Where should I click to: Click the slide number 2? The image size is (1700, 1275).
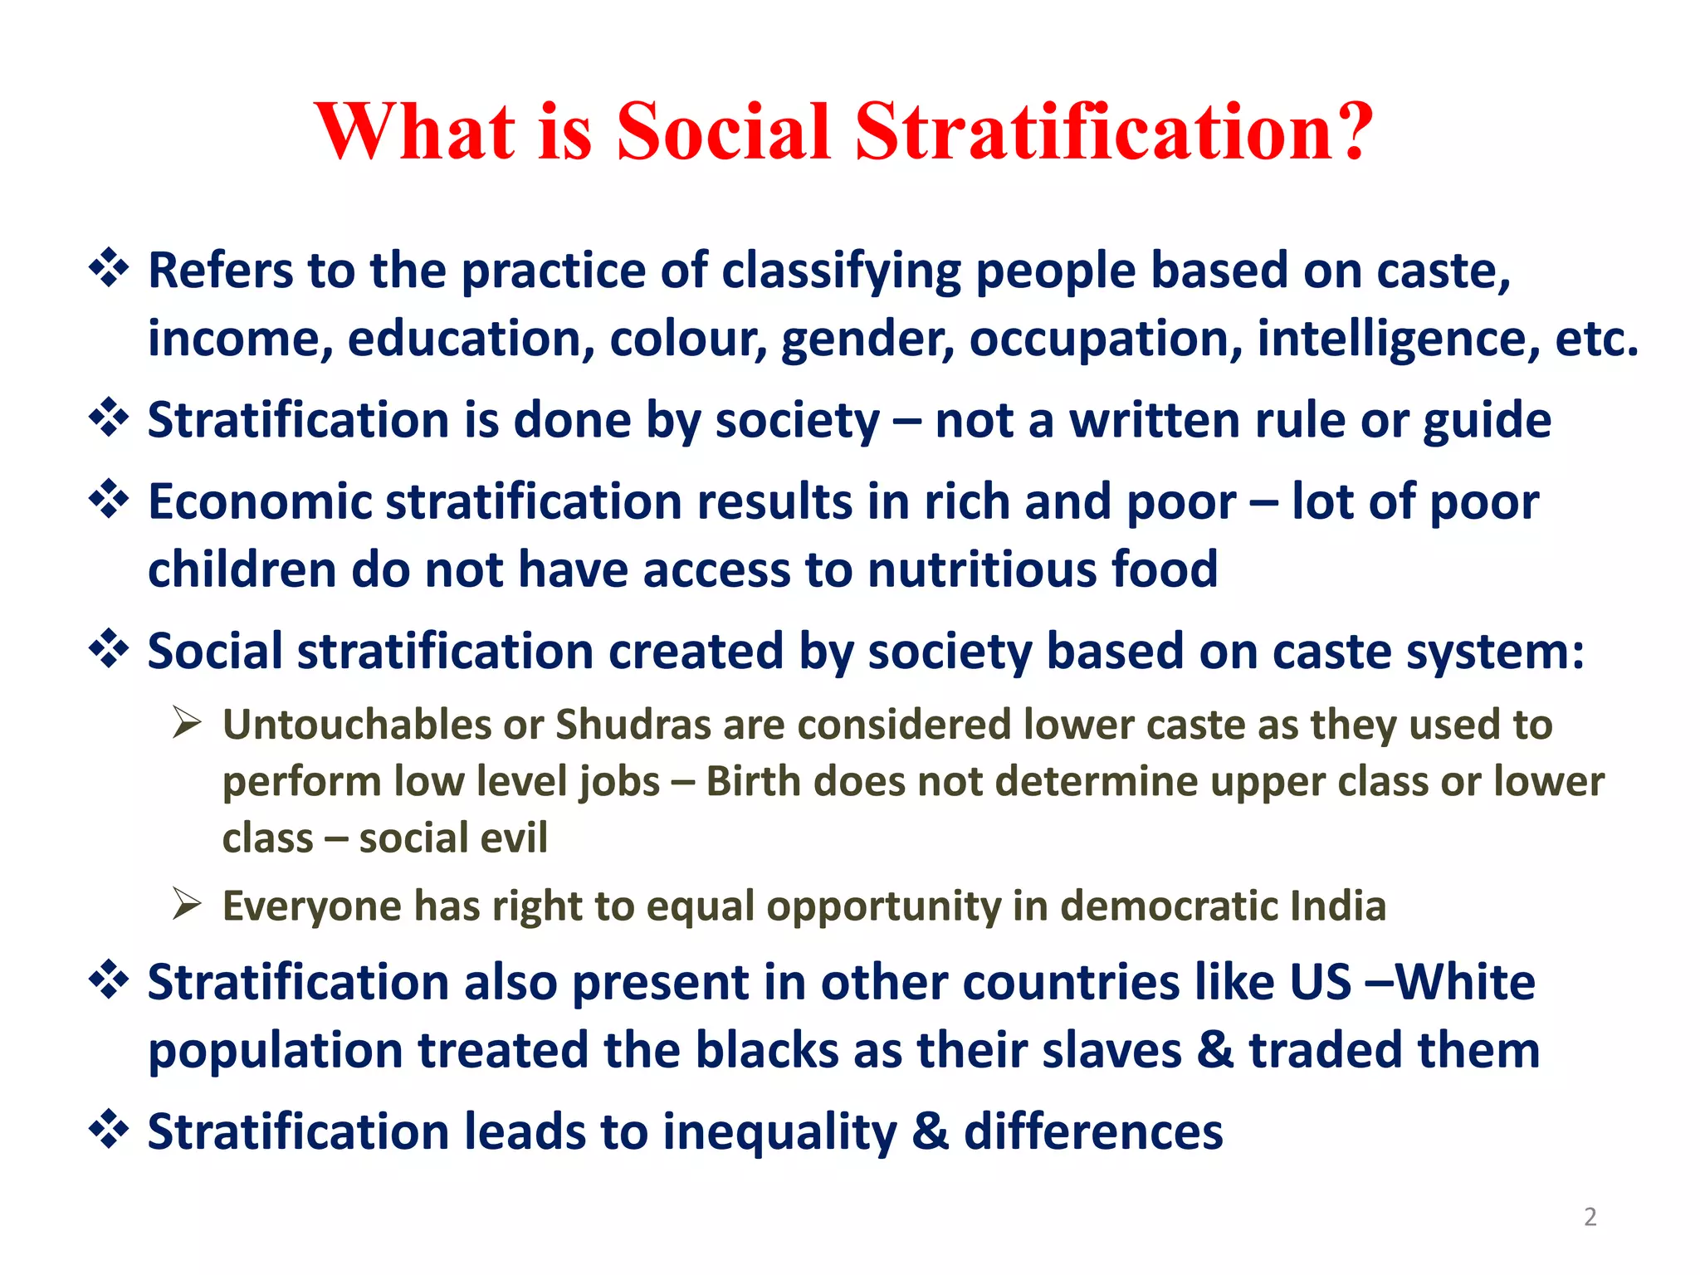click(1590, 1217)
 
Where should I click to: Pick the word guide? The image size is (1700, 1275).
click(1487, 420)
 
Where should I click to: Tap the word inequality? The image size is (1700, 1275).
click(779, 1132)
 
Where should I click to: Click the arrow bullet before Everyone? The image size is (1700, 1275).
click(187, 904)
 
